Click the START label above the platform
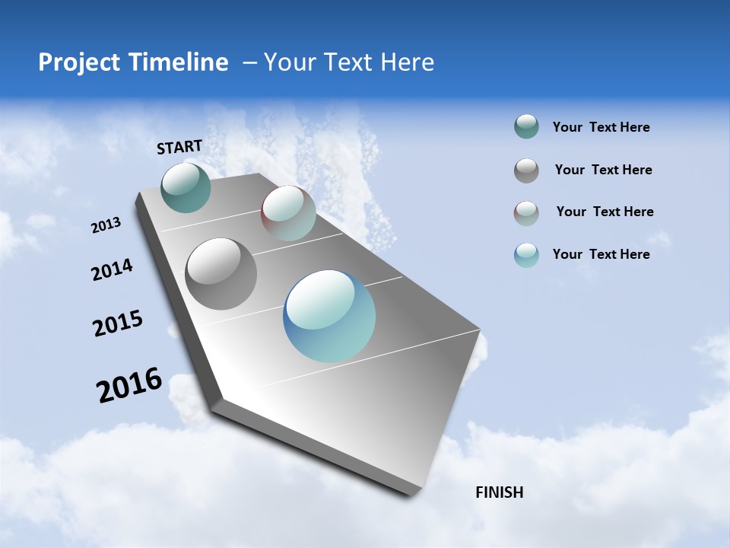(179, 147)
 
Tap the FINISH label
(499, 492)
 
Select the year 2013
(106, 225)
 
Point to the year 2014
(112, 270)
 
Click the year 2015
(118, 323)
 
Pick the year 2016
(129, 385)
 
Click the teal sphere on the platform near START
(186, 187)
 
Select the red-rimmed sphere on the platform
(288, 213)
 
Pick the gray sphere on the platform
(221, 274)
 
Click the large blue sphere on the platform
(329, 316)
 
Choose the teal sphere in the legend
(526, 127)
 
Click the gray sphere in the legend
(526, 170)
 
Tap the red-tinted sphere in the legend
(526, 213)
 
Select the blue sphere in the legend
(526, 255)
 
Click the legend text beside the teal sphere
(601, 127)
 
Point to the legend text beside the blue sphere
(601, 254)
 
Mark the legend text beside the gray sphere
(603, 170)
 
